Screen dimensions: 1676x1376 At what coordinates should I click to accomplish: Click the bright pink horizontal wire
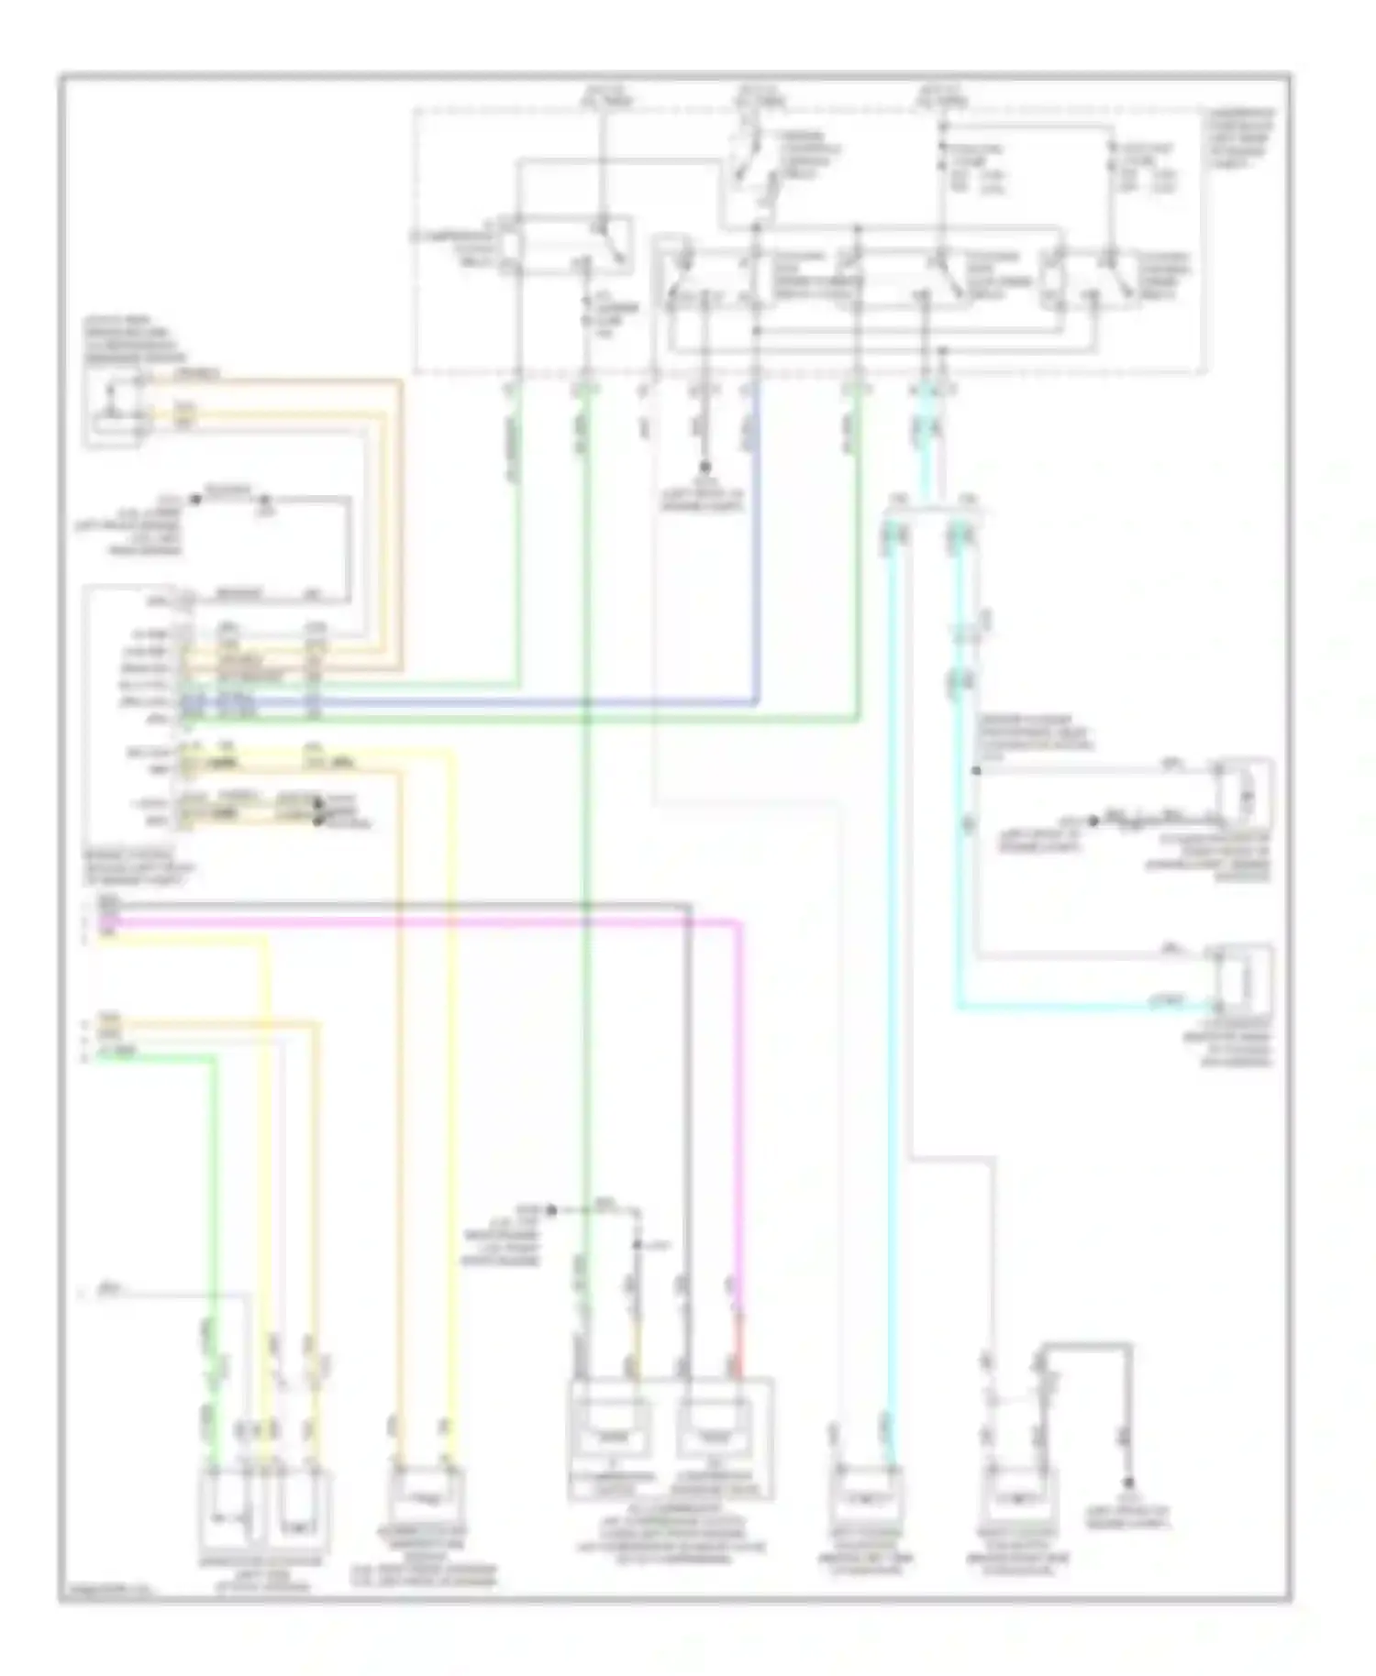[x=413, y=921]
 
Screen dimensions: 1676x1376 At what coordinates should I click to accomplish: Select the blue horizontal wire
[x=459, y=703]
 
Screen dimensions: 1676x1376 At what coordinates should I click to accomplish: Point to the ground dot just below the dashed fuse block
[x=705, y=467]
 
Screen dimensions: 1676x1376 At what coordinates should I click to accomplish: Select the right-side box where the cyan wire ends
[x=1243, y=981]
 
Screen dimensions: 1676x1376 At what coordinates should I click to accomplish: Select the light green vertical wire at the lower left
[x=216, y=1238]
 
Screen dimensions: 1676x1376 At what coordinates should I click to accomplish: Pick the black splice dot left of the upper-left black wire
[x=194, y=500]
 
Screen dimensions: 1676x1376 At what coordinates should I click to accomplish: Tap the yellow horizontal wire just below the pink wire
[x=183, y=937]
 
